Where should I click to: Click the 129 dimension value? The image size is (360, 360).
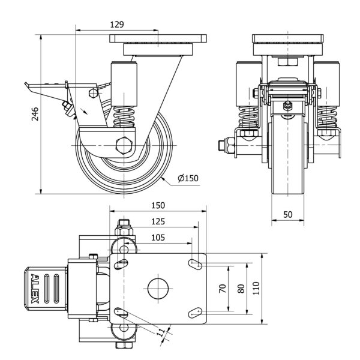click(117, 25)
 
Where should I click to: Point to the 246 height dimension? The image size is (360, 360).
click(34, 113)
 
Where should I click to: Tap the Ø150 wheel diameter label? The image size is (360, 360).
click(187, 178)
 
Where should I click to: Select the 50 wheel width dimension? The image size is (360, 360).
click(287, 214)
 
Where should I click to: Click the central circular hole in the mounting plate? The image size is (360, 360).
click(158, 287)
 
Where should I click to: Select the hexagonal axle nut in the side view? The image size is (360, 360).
click(125, 144)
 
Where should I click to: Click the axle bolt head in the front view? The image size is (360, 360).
click(221, 145)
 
